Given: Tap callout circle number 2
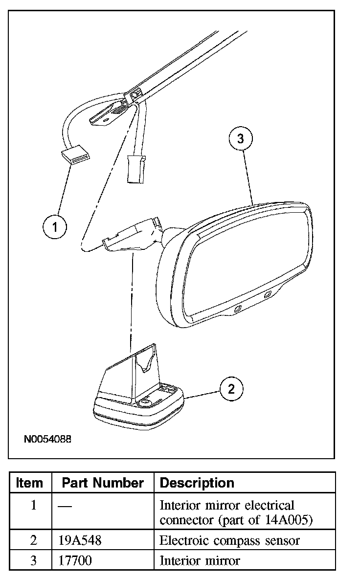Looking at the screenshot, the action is (x=231, y=389).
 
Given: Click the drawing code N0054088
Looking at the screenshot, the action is (x=47, y=439).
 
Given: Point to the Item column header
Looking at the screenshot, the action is (x=29, y=483).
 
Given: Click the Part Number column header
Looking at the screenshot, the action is (x=103, y=483).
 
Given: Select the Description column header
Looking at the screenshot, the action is (x=197, y=483).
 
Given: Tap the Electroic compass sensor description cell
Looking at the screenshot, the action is (x=229, y=540).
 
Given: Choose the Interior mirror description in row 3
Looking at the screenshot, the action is (x=200, y=560).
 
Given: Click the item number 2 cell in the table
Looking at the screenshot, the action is (x=33, y=540).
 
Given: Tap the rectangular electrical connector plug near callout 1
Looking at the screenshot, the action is (x=75, y=156).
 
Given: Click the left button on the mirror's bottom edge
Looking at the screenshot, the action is (x=238, y=309).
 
